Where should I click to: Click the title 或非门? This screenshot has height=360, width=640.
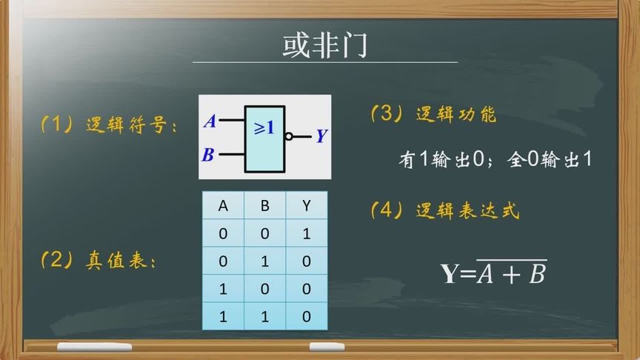pos(324,46)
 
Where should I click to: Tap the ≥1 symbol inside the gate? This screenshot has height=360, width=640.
pos(264,128)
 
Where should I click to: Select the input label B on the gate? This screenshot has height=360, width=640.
pos(208,156)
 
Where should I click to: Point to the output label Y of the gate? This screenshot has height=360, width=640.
pos(321,136)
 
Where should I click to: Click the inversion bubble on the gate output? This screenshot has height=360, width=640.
pos(289,136)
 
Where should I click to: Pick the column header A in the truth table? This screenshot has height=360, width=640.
pos(223,207)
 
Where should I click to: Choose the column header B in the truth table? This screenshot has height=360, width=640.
pos(265,207)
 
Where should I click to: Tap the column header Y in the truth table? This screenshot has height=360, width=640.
pos(307,207)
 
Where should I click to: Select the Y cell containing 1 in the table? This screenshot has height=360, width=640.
pos(307,234)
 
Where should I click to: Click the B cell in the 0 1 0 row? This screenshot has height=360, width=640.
pos(265,261)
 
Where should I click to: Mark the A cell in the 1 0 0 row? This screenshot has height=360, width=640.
pos(223,289)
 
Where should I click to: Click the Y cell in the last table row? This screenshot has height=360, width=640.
pos(307,316)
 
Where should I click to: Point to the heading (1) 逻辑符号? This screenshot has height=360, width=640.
pos(109,125)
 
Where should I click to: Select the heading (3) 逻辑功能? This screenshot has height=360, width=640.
pos(433,114)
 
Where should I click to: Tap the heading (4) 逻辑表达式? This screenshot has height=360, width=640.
pos(444,211)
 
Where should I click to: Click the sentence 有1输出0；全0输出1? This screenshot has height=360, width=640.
pos(496,159)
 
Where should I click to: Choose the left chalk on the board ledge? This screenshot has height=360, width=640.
pos(94,347)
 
